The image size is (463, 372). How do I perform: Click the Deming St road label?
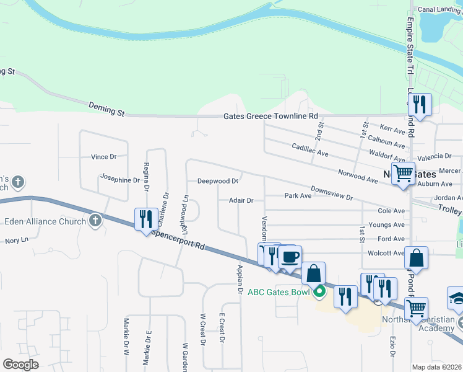point(106,110)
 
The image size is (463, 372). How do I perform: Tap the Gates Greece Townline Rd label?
point(270,116)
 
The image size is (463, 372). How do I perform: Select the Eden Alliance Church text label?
point(45,221)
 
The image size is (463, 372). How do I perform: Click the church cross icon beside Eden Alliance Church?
point(95,221)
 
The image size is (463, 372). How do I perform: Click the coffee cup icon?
point(289,255)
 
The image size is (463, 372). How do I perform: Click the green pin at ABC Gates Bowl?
point(319,291)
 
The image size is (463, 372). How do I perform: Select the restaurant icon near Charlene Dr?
point(145,218)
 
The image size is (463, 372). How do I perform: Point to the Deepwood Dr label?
point(218,181)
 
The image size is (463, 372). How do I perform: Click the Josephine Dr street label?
point(120,180)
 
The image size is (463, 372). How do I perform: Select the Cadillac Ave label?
point(309,149)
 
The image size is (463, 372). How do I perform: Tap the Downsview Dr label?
point(331,193)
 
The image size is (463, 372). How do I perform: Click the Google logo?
point(20,365)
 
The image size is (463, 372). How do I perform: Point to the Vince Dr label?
point(104,157)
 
